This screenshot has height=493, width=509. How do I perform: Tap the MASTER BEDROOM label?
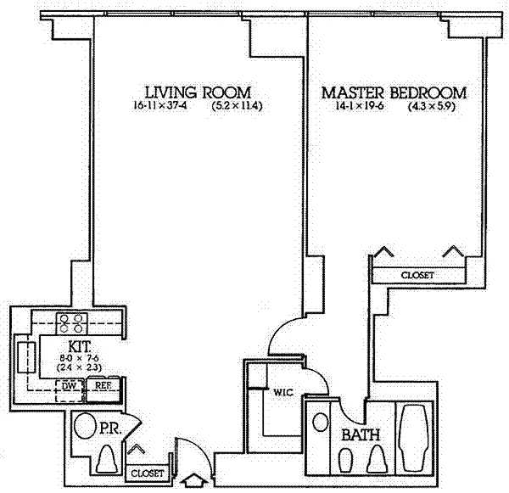pyautogui.click(x=394, y=92)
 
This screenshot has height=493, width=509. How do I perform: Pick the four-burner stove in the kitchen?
pyautogui.click(x=70, y=322)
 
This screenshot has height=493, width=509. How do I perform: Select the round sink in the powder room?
pyautogui.click(x=84, y=426)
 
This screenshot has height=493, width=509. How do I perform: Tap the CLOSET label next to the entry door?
pyautogui.click(x=147, y=472)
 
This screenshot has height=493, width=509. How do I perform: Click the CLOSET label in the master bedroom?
pyautogui.click(x=417, y=276)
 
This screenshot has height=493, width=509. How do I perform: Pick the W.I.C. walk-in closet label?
pyautogui.click(x=282, y=393)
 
